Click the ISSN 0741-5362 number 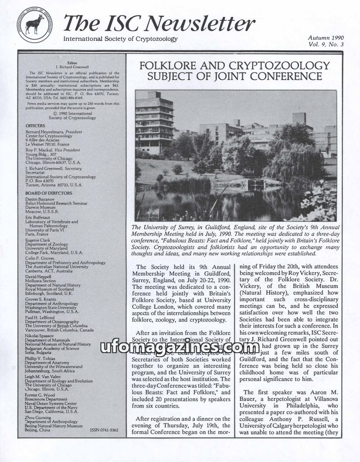point(104,431)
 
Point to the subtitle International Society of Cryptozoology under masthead point(121,39)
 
